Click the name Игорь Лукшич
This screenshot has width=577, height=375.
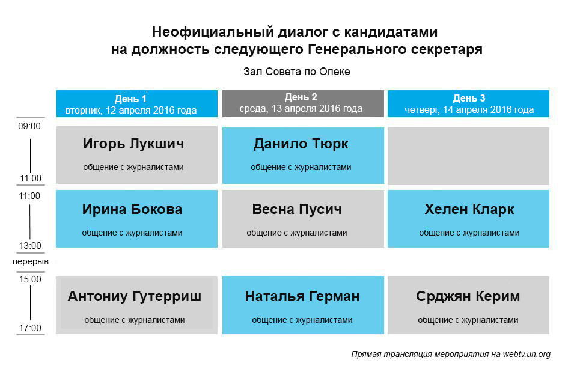tap(133, 144)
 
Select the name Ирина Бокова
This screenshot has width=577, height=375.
tap(132, 209)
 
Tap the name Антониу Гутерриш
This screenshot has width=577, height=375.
tap(134, 297)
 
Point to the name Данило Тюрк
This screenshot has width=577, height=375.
tap(301, 144)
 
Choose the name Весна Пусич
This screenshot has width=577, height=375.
tap(297, 209)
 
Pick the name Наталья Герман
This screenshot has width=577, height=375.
tap(302, 296)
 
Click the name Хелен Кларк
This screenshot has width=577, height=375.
tap(469, 209)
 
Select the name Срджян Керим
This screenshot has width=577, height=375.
tap(468, 297)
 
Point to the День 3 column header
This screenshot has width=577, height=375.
tap(468, 104)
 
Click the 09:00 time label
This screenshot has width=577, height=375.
tap(29, 126)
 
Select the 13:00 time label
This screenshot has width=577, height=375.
tap(30, 245)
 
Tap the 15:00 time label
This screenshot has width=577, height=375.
tap(30, 279)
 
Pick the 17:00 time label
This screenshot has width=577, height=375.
tap(30, 328)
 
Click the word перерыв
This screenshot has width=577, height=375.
tap(31, 261)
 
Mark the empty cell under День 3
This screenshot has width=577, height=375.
tap(468, 156)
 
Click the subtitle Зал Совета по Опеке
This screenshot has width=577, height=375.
tap(296, 72)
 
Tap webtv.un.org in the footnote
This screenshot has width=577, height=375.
tap(527, 354)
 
